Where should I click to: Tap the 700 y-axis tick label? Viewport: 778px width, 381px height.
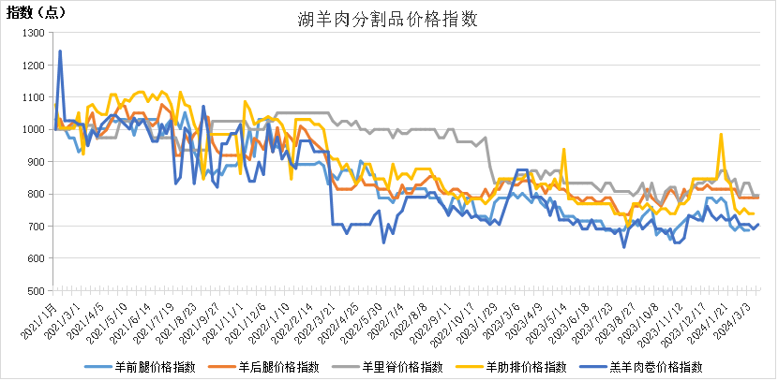point(37,227)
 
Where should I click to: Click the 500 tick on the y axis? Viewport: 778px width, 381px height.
point(37,291)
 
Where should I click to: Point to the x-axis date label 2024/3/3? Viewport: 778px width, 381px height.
point(736,314)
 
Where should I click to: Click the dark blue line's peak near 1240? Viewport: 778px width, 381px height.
point(60,51)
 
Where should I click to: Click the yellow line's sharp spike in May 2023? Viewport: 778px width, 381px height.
point(563,149)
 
